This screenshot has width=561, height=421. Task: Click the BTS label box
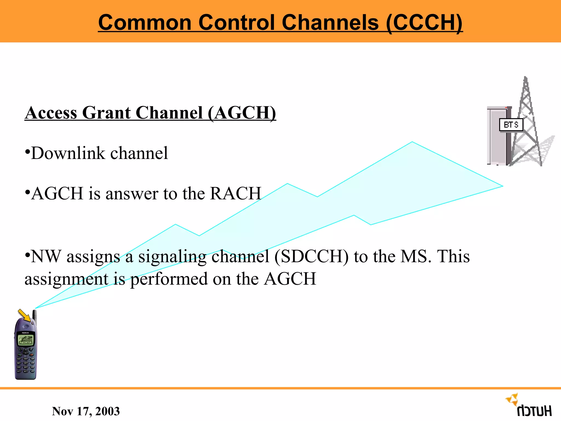pyautogui.click(x=511, y=125)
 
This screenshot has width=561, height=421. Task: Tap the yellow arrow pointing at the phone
pyautogui.click(x=24, y=315)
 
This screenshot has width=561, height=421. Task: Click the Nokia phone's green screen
pyautogui.click(x=25, y=340)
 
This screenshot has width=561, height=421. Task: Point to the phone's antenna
pyautogui.click(x=35, y=315)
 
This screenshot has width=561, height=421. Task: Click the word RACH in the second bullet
pyautogui.click(x=235, y=194)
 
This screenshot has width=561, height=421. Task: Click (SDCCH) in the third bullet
pyautogui.click(x=311, y=257)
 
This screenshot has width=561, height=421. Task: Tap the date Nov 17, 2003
pyautogui.click(x=86, y=411)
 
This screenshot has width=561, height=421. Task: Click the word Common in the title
pyautogui.click(x=145, y=22)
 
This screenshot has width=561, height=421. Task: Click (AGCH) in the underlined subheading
pyautogui.click(x=242, y=113)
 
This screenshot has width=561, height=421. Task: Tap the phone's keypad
pyautogui.click(x=25, y=363)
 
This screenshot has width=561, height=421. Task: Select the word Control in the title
pyautogui.click(x=237, y=22)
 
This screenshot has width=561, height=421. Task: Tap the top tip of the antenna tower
pyautogui.click(x=525, y=78)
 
